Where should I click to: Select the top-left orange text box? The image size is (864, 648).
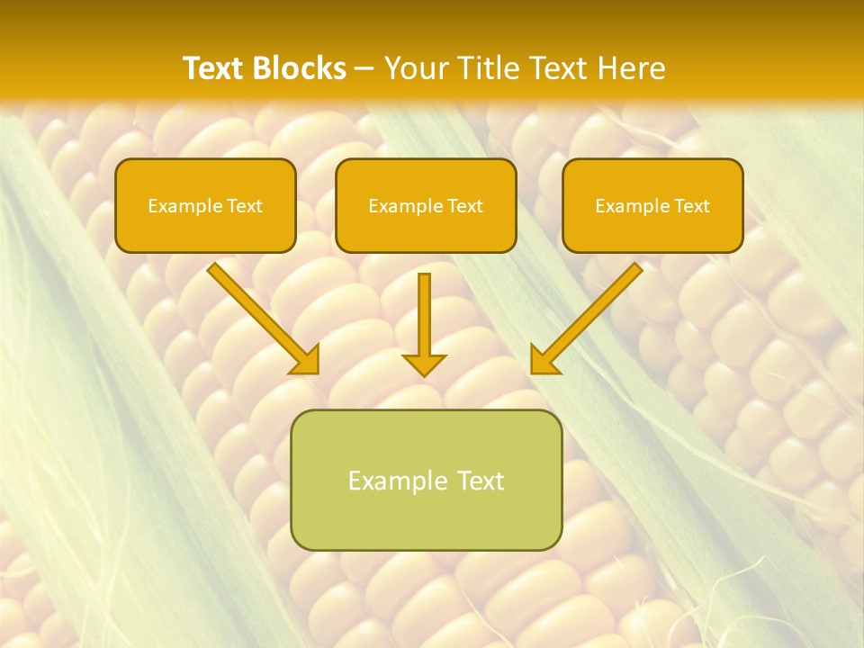[205, 205]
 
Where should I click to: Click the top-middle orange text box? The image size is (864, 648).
[426, 205]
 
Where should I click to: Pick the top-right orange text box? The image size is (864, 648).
[652, 205]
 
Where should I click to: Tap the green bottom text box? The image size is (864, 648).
[426, 480]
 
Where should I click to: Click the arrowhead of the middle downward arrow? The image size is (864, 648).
[424, 364]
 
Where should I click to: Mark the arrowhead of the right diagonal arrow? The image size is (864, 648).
[544, 360]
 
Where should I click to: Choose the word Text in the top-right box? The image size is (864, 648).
[691, 206]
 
